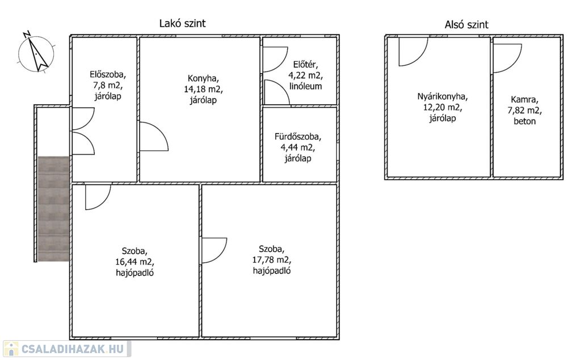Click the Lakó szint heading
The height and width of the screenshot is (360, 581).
(x=182, y=23)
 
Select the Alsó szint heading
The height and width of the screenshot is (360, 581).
(x=466, y=24)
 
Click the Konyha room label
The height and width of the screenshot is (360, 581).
(x=203, y=78)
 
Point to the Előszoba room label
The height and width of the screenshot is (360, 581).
(x=108, y=74)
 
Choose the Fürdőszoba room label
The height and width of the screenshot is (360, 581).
(x=298, y=137)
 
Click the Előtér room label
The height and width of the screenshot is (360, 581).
(x=305, y=65)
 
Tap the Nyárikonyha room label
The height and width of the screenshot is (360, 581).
(x=443, y=97)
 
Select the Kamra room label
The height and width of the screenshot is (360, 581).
(x=525, y=99)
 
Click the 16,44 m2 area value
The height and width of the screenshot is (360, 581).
(x=135, y=262)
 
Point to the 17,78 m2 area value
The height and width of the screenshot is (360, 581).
(x=272, y=260)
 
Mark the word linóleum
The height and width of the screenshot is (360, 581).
(x=305, y=86)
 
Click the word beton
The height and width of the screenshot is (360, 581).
(x=525, y=121)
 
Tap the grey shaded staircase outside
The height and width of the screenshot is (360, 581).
(x=54, y=209)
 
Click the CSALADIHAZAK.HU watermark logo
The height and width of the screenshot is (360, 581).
(x=66, y=349)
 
